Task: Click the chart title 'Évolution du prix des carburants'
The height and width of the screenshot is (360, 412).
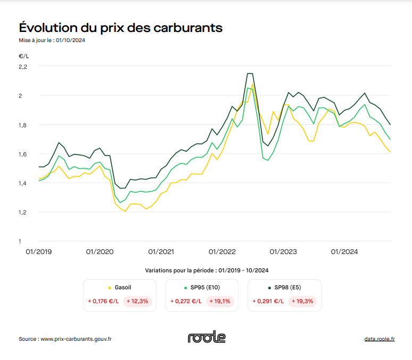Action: click(121, 28)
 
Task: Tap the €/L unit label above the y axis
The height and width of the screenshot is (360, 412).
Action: click(24, 55)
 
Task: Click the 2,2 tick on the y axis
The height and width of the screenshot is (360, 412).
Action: click(23, 67)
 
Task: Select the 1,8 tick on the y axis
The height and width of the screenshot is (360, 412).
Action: click(23, 125)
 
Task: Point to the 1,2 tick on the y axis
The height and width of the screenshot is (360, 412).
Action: click(23, 212)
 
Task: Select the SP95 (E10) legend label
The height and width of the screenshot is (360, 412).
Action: click(205, 288)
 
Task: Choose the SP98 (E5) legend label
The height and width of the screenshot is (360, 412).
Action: click(287, 288)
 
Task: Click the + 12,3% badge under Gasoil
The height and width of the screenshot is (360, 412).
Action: click(137, 301)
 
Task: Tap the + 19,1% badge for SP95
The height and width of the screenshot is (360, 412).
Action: click(220, 301)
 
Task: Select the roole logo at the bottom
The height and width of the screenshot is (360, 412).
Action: click(207, 338)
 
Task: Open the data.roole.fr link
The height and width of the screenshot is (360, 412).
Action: click(379, 339)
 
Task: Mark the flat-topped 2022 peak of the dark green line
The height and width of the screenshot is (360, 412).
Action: click(250, 73)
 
